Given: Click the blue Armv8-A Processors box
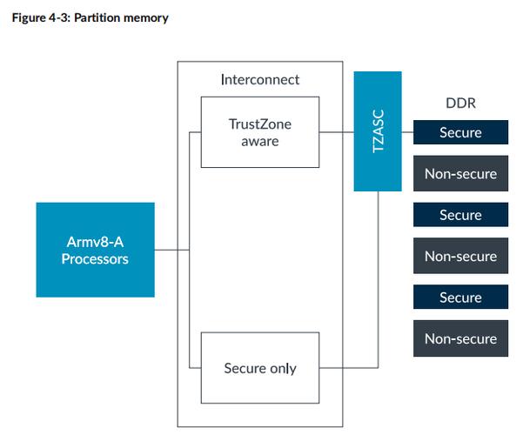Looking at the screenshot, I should coord(95,250).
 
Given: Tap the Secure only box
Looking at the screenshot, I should coord(261,367).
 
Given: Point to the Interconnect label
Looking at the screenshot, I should coord(260,79).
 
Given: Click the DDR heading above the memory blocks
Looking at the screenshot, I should coord(460,103).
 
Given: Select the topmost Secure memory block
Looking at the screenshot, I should coord(460,133).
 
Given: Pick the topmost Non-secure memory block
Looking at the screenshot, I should coord(460,173).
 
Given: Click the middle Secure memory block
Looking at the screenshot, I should coord(460,215).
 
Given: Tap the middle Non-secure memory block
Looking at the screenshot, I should coord(460,256).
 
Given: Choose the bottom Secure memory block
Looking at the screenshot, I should coord(460,298).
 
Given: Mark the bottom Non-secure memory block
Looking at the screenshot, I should coord(460,338).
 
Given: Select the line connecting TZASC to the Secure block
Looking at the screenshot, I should coord(407,133).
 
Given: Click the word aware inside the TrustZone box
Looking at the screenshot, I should coord(260,141).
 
